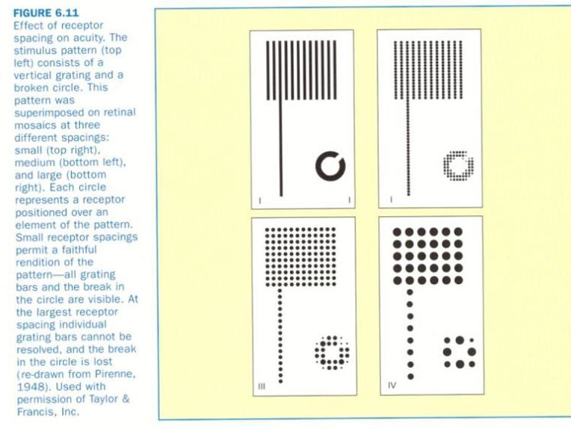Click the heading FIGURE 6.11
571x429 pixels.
(46, 13)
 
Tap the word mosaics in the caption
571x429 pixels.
(34, 125)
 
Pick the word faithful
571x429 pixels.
(79, 250)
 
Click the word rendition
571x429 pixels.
(39, 262)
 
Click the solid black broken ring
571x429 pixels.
(319, 166)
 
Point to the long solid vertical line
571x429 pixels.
(281, 148)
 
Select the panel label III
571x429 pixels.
(262, 386)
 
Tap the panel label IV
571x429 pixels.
(392, 386)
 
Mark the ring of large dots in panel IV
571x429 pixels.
(448, 352)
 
